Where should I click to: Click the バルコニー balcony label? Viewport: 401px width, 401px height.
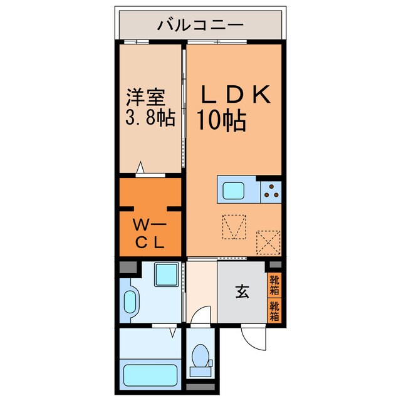200,26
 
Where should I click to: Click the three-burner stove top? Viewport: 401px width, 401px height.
271,190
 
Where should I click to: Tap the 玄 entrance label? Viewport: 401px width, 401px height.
242,291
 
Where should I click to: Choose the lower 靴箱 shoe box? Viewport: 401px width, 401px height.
274,311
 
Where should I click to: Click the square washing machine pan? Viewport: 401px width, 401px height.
166,274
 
